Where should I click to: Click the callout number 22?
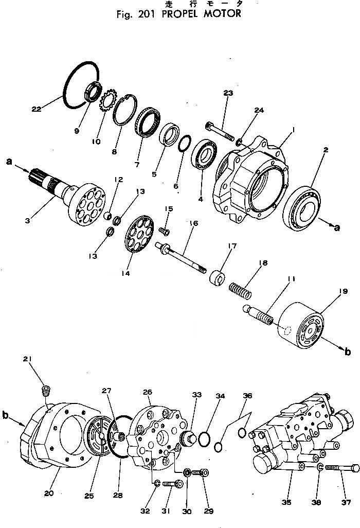(36, 109)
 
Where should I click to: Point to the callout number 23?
(228, 93)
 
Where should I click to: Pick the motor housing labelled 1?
(252, 183)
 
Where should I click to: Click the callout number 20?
(49, 493)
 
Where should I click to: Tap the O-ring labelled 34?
(204, 437)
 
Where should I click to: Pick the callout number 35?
(287, 501)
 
